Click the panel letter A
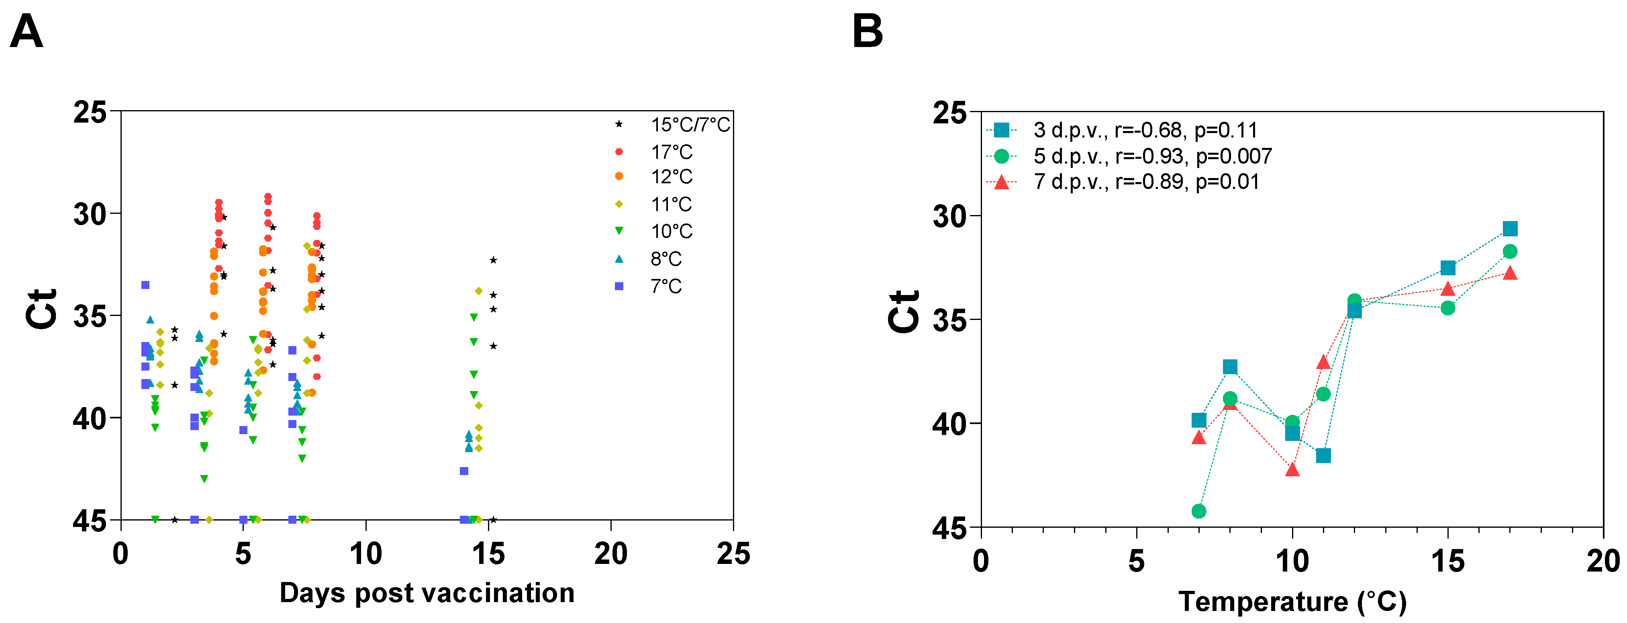coord(27,32)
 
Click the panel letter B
coord(867,32)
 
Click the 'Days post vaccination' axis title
coord(427,593)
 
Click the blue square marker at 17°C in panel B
coord(1509,229)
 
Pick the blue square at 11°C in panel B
coord(1323,455)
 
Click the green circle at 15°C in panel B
coord(1447,308)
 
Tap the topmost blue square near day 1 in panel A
coord(145,285)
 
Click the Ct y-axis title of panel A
coord(42,309)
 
